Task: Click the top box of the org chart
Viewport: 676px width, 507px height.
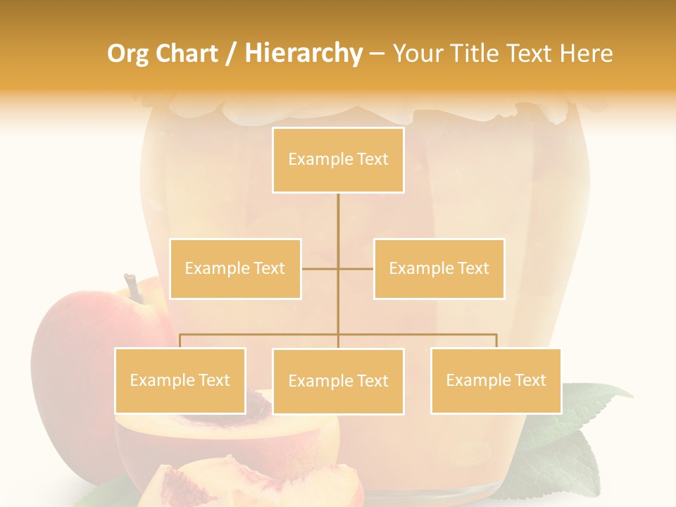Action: tap(338, 160)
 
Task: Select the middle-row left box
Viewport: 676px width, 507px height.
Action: tap(235, 268)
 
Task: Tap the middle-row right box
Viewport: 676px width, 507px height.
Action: tap(439, 268)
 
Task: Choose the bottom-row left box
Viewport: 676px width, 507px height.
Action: tap(180, 380)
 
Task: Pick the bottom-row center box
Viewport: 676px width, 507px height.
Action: tap(338, 381)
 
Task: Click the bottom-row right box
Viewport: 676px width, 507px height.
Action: tap(496, 380)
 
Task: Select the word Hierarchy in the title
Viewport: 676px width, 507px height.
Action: tap(303, 54)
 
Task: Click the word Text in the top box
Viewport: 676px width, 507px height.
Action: tap(373, 160)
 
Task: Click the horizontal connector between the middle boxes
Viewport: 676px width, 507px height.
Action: tap(337, 268)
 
